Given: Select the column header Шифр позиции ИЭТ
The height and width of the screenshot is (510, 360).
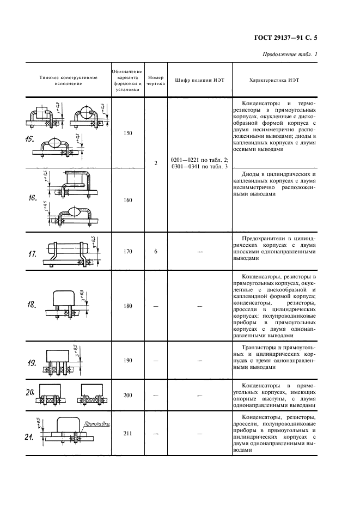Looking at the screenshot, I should [199, 80].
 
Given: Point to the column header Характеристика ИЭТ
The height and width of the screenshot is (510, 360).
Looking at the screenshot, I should [274, 80].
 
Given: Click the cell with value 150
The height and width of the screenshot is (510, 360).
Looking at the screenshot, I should [127, 133].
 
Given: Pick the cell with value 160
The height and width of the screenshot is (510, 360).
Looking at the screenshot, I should [127, 201].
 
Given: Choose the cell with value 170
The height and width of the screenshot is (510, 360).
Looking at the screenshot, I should [127, 252].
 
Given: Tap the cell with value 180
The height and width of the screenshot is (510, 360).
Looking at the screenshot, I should [127, 306].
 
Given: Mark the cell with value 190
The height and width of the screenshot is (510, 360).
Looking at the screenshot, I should [127, 361].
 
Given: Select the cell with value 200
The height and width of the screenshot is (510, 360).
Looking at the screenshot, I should [127, 394].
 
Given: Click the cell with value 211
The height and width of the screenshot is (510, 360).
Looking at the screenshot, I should [127, 434].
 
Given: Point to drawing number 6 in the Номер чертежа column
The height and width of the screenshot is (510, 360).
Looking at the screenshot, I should [156, 252].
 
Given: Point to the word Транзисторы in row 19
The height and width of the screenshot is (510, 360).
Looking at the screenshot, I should [261, 347].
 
